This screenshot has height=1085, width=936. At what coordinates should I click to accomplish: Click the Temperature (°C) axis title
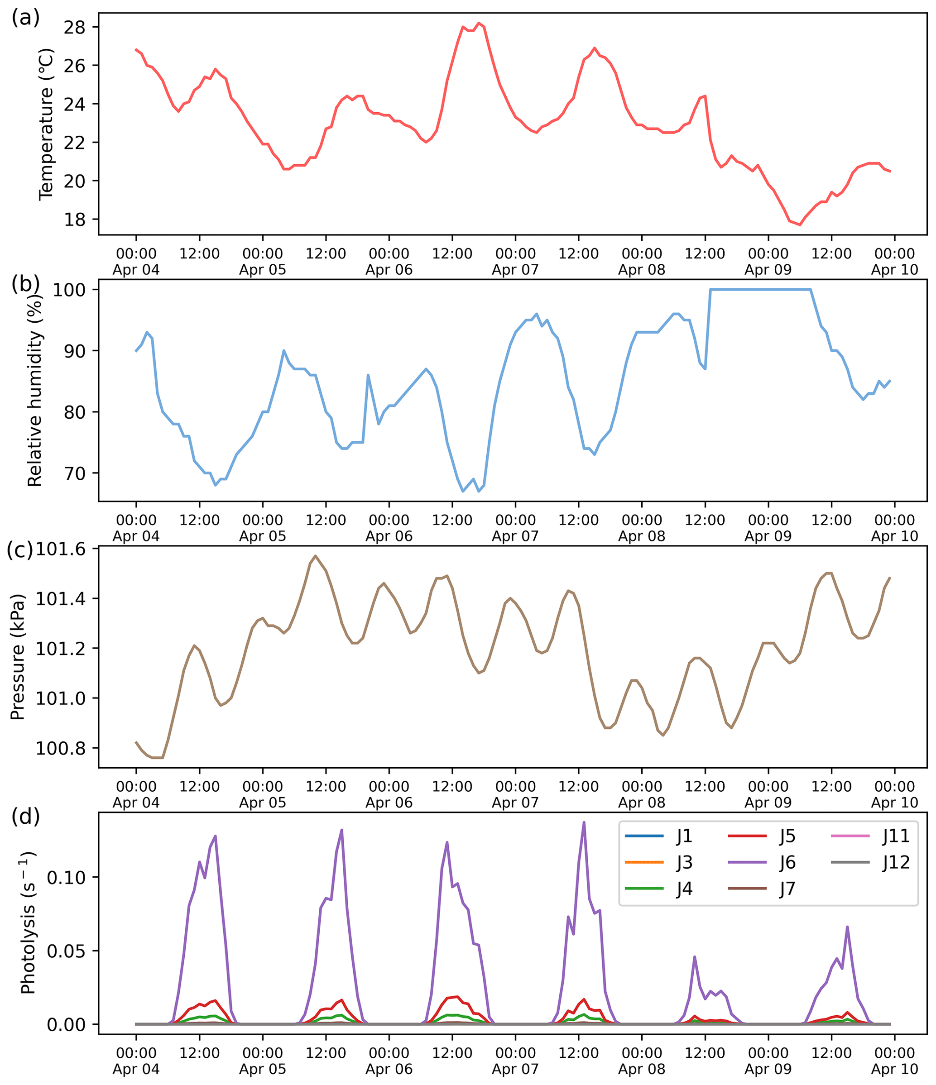(46, 124)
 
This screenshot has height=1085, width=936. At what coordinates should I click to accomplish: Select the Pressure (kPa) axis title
(18, 657)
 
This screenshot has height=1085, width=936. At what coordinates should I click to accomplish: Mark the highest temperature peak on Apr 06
(478, 23)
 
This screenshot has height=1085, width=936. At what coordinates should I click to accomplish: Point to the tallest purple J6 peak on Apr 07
(584, 822)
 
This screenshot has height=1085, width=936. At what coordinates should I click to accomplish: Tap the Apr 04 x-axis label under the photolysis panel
(136, 1069)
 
